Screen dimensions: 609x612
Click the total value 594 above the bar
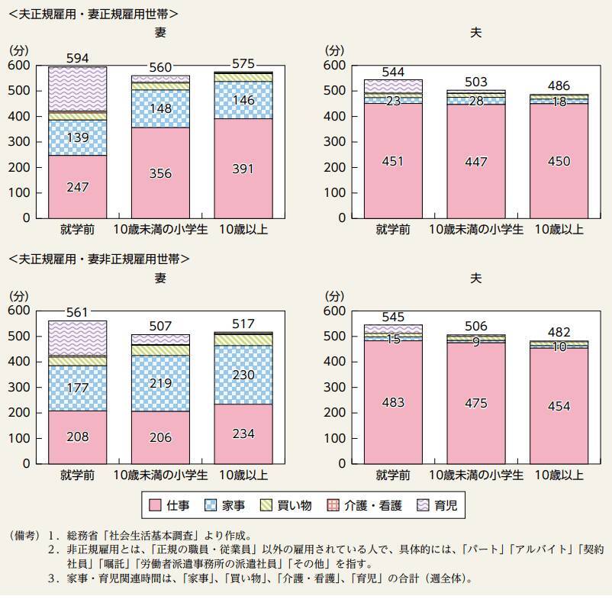(78, 58)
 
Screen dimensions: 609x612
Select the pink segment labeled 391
(242, 168)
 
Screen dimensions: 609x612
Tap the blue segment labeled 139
(78, 137)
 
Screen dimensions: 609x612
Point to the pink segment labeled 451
(392, 160)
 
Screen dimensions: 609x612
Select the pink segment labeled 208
(78, 437)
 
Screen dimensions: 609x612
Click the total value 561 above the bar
(78, 311)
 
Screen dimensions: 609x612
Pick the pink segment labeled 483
(392, 402)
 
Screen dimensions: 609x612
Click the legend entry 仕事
(176, 504)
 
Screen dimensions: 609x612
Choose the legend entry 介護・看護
(361, 504)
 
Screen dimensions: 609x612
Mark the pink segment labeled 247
(78, 186)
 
